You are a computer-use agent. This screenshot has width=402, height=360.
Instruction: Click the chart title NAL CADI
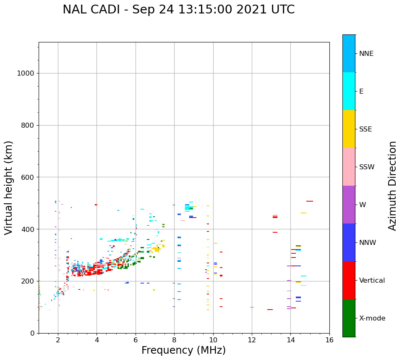178,10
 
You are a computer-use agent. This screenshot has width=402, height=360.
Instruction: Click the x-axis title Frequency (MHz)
183,350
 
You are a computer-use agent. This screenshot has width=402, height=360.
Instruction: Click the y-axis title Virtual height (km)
9,187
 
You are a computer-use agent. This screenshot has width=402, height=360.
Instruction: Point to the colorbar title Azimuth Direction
392,186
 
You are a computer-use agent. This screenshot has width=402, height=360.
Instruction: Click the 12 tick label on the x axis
252,339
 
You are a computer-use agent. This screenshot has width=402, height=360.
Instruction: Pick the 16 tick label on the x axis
329,339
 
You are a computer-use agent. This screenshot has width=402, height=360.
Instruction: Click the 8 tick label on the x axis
174,339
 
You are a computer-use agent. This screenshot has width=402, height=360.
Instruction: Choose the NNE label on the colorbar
366,54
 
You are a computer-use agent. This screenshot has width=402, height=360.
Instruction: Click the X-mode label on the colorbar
372,318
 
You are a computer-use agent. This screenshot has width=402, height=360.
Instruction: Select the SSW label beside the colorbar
367,167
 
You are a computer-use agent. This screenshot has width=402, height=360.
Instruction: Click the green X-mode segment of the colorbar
349,318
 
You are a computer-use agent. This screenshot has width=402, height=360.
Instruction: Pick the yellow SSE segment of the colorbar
349,129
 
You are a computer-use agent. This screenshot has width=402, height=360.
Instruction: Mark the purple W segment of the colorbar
349,205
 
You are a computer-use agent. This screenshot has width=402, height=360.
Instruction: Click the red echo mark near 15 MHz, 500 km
310,201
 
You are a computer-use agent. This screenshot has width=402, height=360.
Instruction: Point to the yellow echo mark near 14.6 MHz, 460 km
303,213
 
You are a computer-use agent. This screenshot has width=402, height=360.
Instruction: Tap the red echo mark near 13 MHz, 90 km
270,310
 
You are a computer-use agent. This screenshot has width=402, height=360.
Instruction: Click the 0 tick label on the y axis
32,333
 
